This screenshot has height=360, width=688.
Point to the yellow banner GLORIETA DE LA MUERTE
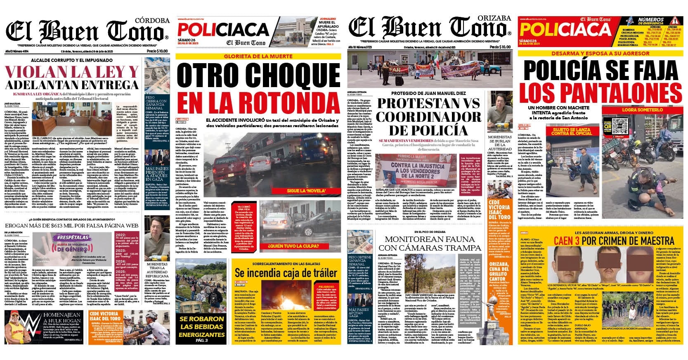258,56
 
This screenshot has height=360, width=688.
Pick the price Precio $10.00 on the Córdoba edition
157,51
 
